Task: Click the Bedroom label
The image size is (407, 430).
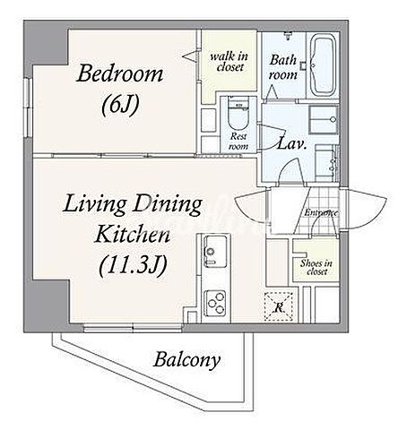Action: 120,73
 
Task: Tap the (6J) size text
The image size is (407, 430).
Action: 120,106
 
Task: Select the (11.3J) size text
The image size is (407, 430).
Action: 133,265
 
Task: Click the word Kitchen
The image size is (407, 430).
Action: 133,234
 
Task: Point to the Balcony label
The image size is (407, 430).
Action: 187,360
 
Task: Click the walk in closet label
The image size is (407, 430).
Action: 229,61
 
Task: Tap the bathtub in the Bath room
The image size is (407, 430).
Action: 323,64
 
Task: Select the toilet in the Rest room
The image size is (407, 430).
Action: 238,114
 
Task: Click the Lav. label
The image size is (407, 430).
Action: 291,144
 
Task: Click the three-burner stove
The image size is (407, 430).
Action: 215,303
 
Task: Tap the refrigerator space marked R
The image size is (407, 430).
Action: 279,306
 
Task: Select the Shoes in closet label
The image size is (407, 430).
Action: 316,267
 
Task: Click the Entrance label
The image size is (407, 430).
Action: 321,213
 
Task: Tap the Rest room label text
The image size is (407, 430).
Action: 238,142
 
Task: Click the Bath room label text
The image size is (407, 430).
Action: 282,67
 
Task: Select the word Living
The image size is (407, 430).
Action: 94,205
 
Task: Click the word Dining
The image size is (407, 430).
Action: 168,205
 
